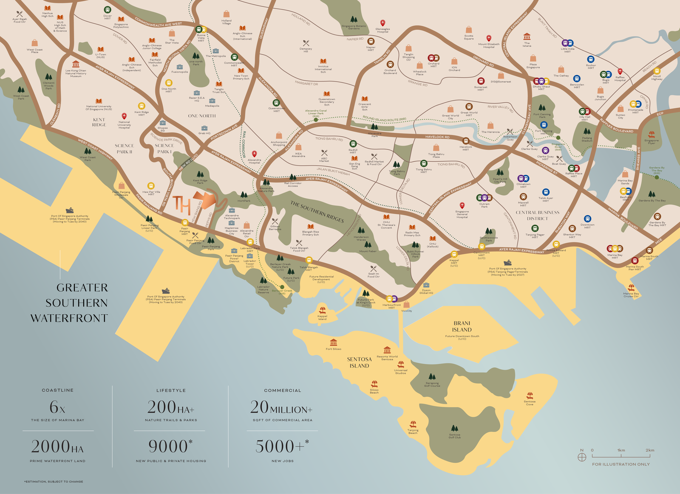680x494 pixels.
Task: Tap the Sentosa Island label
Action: click(359, 362)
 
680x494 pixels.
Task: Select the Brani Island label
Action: click(462, 326)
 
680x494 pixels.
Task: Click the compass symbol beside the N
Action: click(582, 457)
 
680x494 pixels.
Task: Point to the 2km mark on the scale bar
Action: click(650, 451)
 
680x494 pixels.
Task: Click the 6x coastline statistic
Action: click(57, 407)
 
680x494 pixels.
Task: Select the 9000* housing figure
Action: click(170, 446)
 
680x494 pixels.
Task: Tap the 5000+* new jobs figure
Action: click(282, 446)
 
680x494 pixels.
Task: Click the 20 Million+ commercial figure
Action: click(281, 408)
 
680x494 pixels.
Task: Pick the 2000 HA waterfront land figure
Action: click(57, 447)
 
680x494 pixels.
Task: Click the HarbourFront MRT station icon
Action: click(391, 299)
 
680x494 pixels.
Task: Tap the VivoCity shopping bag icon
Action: click(407, 305)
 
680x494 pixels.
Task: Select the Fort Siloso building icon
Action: click(334, 342)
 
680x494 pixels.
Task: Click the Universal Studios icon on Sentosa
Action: click(400, 365)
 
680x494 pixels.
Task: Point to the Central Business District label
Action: click(537, 216)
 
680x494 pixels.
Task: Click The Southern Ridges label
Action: click(317, 211)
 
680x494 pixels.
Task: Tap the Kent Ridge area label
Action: click(99, 122)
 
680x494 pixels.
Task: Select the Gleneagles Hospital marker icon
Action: click(382, 23)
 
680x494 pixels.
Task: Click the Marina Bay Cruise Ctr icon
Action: click(631, 288)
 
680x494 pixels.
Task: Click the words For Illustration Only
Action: click(621, 464)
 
